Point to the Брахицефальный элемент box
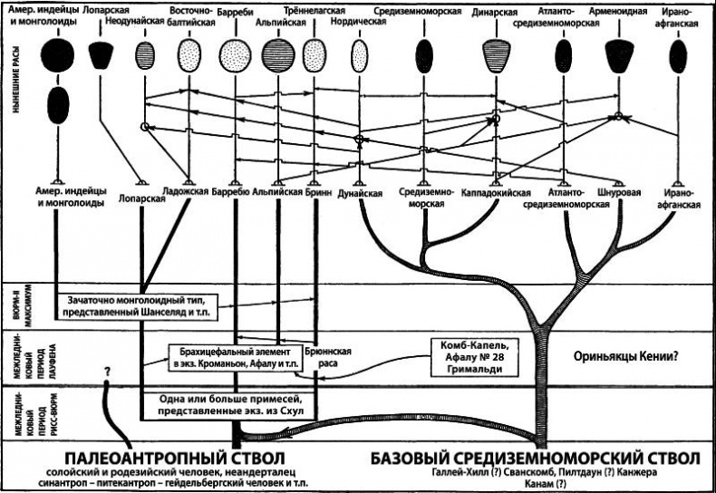pyautogui.click(x=234, y=356)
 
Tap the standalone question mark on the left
pyautogui.click(x=107, y=372)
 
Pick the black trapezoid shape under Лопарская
pyautogui.click(x=101, y=54)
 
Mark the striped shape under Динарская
pyautogui.click(x=496, y=54)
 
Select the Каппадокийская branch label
pyautogui.click(x=496, y=193)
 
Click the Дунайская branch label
pyautogui.click(x=360, y=193)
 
